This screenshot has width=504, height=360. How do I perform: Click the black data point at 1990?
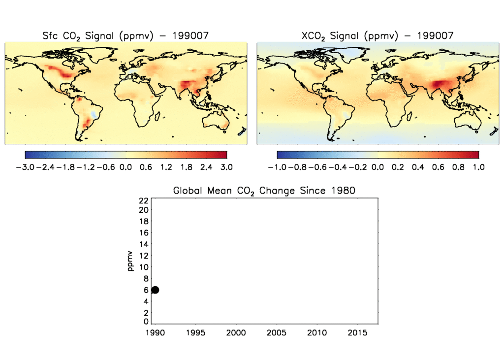click(x=155, y=290)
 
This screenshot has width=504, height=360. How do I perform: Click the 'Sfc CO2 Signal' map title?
click(x=125, y=36)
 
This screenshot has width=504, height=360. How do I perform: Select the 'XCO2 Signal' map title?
click(x=377, y=36)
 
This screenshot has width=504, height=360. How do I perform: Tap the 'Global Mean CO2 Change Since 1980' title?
click(x=264, y=191)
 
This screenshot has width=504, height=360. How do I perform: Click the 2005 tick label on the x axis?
click(x=277, y=333)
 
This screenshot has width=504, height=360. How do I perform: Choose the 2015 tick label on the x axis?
click(x=358, y=333)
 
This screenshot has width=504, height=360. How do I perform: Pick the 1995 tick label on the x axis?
click(x=195, y=333)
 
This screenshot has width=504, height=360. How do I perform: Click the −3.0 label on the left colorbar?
click(x=25, y=167)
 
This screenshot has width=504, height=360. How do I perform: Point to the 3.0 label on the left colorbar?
click(x=226, y=167)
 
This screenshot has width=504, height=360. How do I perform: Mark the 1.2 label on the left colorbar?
click(x=166, y=167)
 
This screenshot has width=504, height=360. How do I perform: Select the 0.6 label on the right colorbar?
click(x=438, y=167)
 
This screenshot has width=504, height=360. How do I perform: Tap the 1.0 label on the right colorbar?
click(x=478, y=167)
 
